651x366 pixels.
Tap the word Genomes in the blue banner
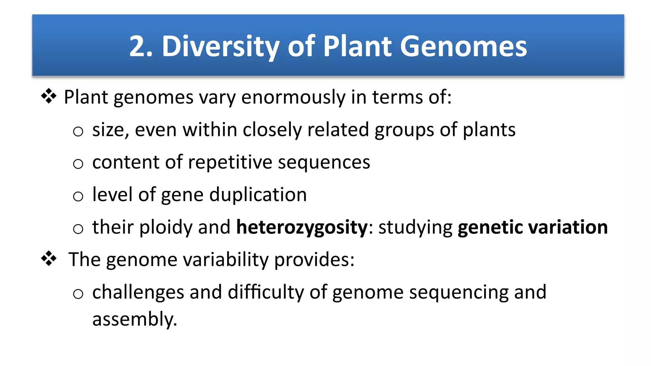[x=463, y=47]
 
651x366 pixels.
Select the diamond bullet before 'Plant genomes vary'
[x=49, y=96]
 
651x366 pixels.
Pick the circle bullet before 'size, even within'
[x=78, y=131]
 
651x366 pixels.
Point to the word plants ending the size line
[x=489, y=130]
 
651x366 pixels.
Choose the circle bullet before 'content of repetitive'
[x=78, y=164]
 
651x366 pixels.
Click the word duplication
[x=258, y=195]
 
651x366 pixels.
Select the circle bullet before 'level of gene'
[x=78, y=196]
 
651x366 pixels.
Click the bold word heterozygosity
[x=302, y=227]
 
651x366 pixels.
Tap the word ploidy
[x=166, y=227]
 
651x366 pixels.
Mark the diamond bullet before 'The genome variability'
[x=49, y=259]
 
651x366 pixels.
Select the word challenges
[x=138, y=292]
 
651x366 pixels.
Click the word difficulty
[x=266, y=292]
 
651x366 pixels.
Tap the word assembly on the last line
[x=134, y=319]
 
